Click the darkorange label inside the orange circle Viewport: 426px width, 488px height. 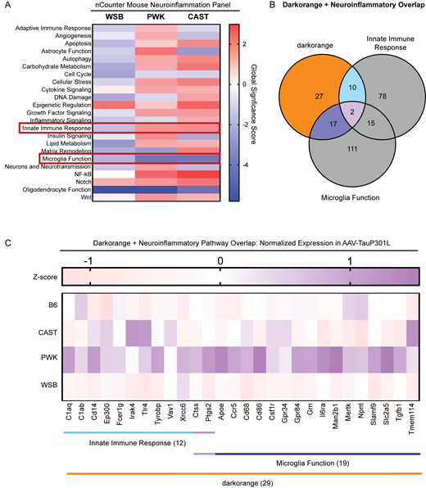click(283, 43)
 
